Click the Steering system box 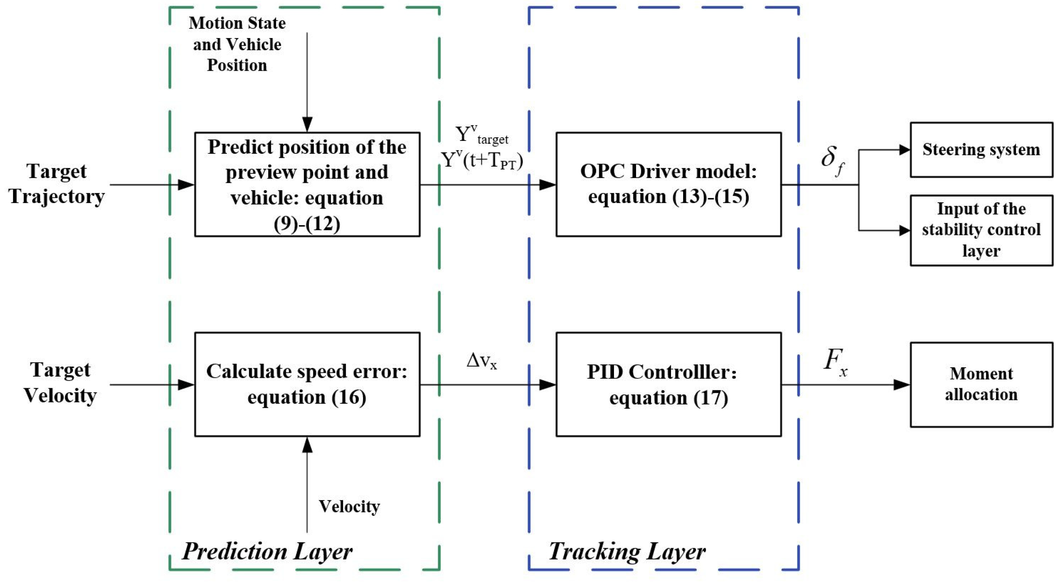click(981, 150)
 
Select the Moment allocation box click(981, 385)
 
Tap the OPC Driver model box click(668, 184)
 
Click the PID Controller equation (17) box click(668, 385)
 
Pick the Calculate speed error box click(307, 385)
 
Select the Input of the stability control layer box click(981, 230)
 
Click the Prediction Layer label click(267, 551)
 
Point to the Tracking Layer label click(627, 551)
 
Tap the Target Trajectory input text click(57, 184)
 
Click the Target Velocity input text click(60, 383)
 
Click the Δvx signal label click(482, 361)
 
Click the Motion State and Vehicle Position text click(237, 44)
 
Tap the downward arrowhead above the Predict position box click(307, 124)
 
